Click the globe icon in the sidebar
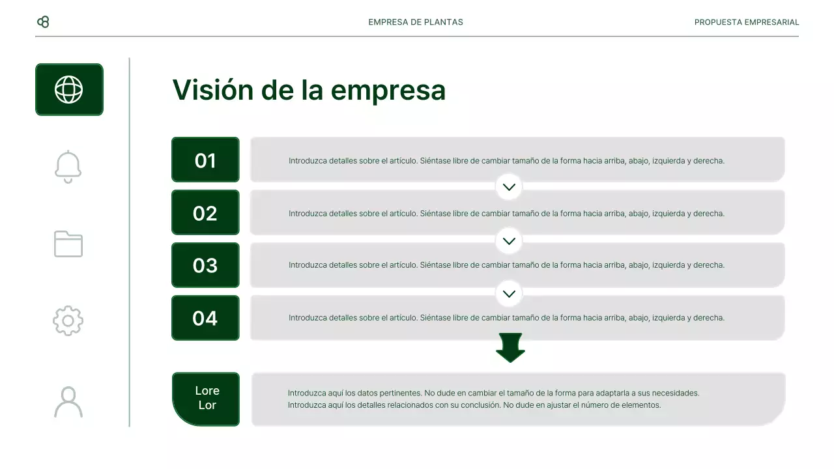pos(69,90)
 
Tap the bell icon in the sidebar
pos(68,167)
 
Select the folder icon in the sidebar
pos(68,244)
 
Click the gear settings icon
pos(68,321)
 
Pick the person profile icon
pos(68,402)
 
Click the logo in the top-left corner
pos(43,22)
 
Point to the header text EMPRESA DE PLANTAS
pos(416,22)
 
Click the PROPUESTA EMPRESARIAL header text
pos(747,22)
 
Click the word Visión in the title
pos(213,90)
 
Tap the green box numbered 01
pos(205,160)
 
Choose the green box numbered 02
pos(205,213)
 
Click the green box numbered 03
pos(205,265)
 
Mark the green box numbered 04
pos(205,318)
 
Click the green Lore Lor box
pos(207,399)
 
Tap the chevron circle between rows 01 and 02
pos(509,187)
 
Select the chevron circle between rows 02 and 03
pos(509,240)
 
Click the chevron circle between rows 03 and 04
pos(509,293)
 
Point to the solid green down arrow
pos(510,347)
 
